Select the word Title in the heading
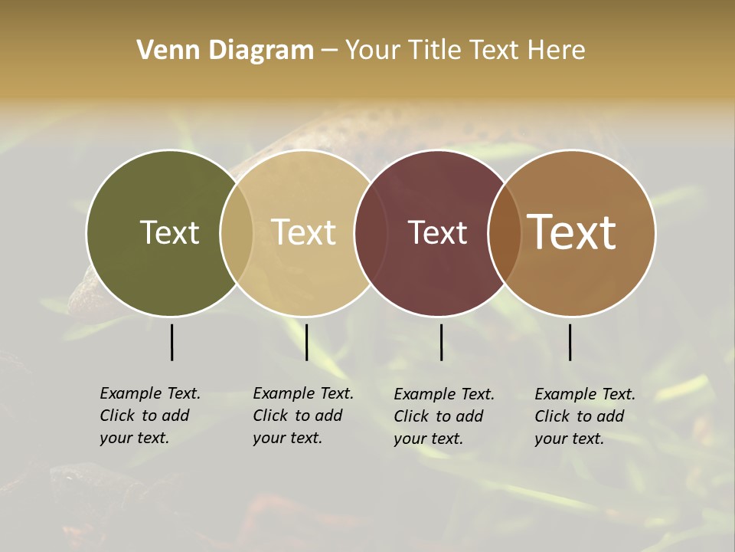click(437, 51)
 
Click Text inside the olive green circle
click(169, 232)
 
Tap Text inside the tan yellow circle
click(304, 232)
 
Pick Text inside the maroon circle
click(437, 232)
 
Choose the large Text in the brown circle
click(572, 232)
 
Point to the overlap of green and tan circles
click(237, 232)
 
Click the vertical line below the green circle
click(171, 342)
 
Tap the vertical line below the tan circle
click(306, 342)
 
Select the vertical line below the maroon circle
click(441, 342)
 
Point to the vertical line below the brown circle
click(570, 342)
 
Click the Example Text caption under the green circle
click(149, 416)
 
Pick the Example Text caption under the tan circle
click(302, 416)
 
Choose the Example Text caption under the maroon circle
click(443, 416)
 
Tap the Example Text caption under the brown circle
click(584, 416)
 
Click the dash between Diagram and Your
click(329, 51)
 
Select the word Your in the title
click(372, 51)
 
